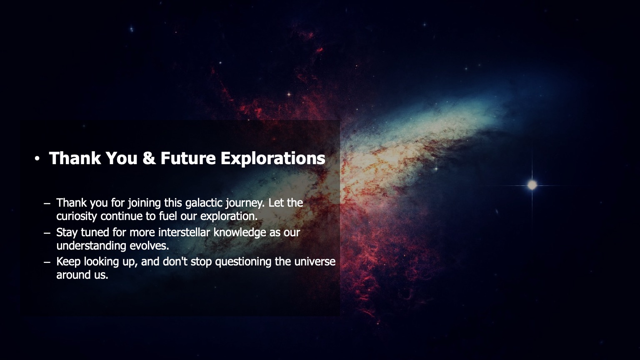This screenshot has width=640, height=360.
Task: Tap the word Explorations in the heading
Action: click(x=273, y=158)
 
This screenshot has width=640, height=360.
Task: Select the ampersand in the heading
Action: click(x=149, y=158)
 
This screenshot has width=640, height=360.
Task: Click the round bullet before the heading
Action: click(x=37, y=159)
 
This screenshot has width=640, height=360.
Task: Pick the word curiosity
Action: click(x=77, y=216)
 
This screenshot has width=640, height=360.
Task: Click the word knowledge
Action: click(x=240, y=232)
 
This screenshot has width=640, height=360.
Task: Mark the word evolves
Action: click(x=149, y=245)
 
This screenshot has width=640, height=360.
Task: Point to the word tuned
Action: click(x=95, y=232)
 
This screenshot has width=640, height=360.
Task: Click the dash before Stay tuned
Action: click(x=47, y=232)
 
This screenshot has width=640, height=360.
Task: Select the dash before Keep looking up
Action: click(x=47, y=262)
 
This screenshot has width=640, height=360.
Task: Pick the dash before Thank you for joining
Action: click(x=47, y=203)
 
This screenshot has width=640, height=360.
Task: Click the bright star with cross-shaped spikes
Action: click(x=532, y=185)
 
